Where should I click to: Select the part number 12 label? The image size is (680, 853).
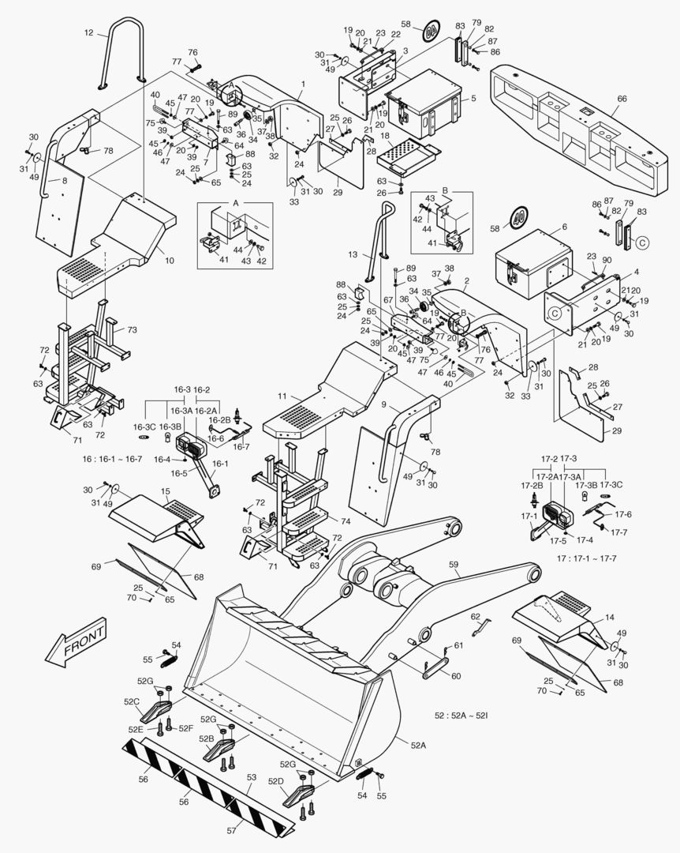pyautogui.click(x=88, y=33)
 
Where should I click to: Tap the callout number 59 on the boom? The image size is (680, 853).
pyautogui.click(x=454, y=564)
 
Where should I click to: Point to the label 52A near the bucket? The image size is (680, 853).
pyautogui.click(x=417, y=744)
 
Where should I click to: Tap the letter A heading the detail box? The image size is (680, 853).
pyautogui.click(x=234, y=202)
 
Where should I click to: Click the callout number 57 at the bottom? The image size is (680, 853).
pyautogui.click(x=231, y=831)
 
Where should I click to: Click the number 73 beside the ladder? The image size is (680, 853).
pyautogui.click(x=132, y=329)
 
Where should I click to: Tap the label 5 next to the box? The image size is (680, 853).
pyautogui.click(x=473, y=99)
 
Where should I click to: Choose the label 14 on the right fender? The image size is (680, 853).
pyautogui.click(x=610, y=617)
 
